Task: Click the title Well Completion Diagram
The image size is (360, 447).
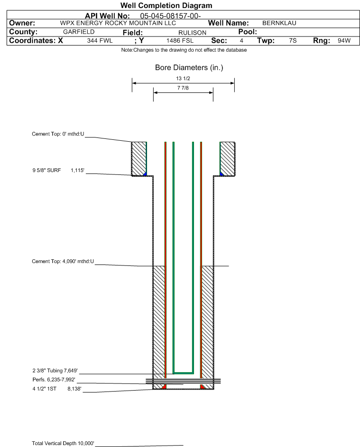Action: pos(166,5)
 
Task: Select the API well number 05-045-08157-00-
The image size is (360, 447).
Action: pos(170,16)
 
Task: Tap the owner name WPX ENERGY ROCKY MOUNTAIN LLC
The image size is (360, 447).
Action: pos(118,23)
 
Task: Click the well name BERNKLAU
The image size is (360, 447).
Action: pos(279,23)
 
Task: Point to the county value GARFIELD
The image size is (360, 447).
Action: pos(79,32)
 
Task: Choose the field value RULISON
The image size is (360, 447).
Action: pos(192,33)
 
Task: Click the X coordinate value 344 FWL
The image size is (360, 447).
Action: pos(100,41)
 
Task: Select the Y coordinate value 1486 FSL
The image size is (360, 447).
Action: pos(180,41)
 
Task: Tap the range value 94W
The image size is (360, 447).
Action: pos(344,41)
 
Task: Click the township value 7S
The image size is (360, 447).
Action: pos(293,41)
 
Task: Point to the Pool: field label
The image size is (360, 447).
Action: pos(248,32)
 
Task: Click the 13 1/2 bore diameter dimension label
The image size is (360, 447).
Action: pos(183,78)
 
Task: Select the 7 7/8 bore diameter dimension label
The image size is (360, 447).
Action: pos(183,88)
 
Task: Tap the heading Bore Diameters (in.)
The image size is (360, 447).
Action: pos(189,68)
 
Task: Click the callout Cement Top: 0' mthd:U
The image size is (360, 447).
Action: pos(58,134)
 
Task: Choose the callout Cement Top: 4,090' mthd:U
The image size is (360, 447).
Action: pos(63,261)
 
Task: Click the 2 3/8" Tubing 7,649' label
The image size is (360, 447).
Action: pos(55,371)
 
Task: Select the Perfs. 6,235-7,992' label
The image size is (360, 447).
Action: pos(54,380)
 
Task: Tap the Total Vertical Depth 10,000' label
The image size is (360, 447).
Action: pos(63,443)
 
